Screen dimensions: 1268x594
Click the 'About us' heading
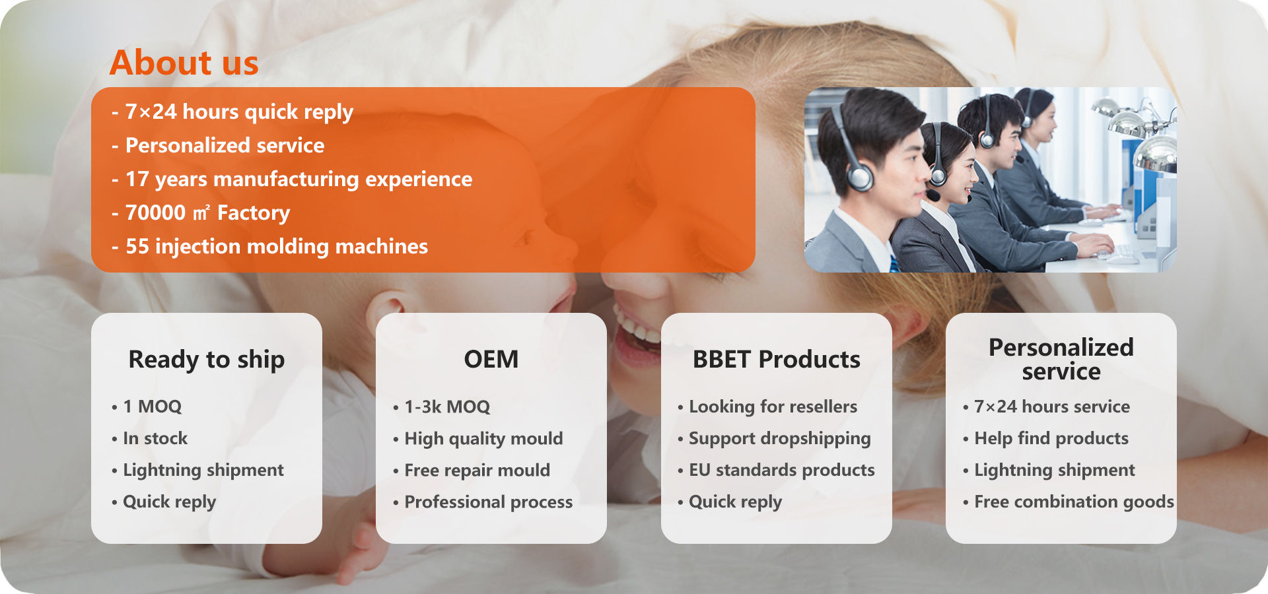point(184,63)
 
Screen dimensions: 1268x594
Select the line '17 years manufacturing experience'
point(299,180)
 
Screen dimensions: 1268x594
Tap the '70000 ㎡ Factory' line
point(207,213)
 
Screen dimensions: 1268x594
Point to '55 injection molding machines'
point(277,246)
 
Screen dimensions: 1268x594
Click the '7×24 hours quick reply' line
point(239,112)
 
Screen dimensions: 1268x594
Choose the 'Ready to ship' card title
point(207,360)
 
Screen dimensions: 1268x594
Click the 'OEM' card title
point(491,360)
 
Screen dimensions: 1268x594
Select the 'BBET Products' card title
point(777,360)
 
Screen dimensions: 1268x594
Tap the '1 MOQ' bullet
point(152,407)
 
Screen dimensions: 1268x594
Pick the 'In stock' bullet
point(155,438)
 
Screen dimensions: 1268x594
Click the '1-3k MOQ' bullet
point(447,407)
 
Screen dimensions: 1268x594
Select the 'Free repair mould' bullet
point(477,470)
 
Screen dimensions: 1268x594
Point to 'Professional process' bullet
point(488,502)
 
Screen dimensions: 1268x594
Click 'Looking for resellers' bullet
point(773,407)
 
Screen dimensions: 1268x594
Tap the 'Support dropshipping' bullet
point(779,439)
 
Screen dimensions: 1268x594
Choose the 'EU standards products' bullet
point(782,470)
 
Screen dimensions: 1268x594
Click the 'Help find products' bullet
point(1051,439)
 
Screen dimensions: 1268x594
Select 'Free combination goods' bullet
point(1074,502)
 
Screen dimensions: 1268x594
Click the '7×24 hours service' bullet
point(1052,407)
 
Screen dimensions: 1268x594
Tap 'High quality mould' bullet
point(483,439)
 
